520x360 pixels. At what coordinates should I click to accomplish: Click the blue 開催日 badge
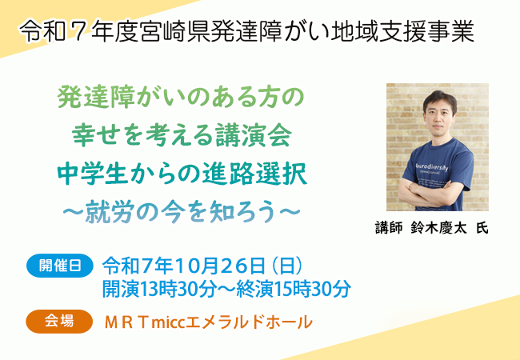[60, 266]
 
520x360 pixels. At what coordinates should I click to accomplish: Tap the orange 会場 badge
[59, 322]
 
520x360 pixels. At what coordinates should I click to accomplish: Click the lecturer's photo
[437, 147]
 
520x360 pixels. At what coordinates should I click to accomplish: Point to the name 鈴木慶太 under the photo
[438, 228]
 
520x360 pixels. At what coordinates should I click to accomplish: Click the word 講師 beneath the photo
[389, 228]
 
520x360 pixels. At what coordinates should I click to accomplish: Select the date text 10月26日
[219, 266]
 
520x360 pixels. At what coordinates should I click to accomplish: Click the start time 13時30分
[178, 289]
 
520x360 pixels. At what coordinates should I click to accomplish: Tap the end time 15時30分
[313, 289]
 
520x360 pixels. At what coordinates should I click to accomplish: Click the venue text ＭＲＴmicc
[144, 322]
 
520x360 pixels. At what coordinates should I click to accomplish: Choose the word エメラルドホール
[249, 322]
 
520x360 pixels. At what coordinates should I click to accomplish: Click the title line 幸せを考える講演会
[182, 136]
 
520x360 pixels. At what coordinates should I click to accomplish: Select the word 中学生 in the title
[93, 174]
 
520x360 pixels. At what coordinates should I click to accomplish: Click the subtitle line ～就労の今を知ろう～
[182, 212]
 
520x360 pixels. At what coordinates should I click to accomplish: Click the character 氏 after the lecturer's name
[482, 228]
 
